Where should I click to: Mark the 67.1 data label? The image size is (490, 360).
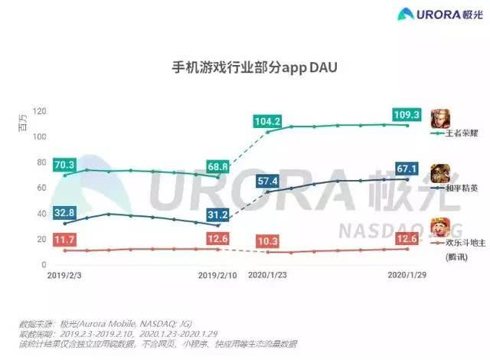pyautogui.click(x=407, y=169)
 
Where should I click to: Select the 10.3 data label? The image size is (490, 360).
pyautogui.click(x=268, y=241)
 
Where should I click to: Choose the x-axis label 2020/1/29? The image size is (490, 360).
pyautogui.click(x=407, y=273)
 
